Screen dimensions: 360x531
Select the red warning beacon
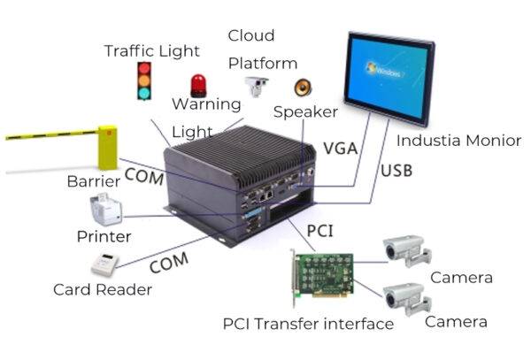coord(199,86)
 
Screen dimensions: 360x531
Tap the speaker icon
coord(303,87)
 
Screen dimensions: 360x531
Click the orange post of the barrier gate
coord(107,146)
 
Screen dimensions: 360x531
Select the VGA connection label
coord(340,148)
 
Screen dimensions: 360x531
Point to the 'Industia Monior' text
coord(458,140)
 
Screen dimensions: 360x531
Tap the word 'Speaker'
coord(305,111)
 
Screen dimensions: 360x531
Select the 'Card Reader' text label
coord(102,289)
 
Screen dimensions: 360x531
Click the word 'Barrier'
coord(93,181)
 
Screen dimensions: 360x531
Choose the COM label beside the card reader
coord(169,264)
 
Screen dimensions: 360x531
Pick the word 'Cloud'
coord(251,35)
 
